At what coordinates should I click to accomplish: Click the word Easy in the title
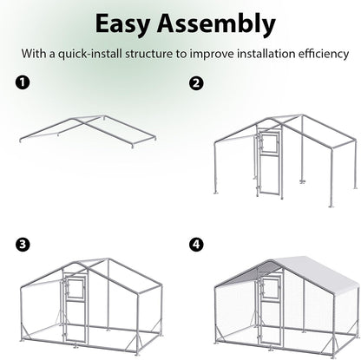pyautogui.click(x=129, y=22)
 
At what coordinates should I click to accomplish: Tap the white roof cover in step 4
pyautogui.click(x=295, y=278)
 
